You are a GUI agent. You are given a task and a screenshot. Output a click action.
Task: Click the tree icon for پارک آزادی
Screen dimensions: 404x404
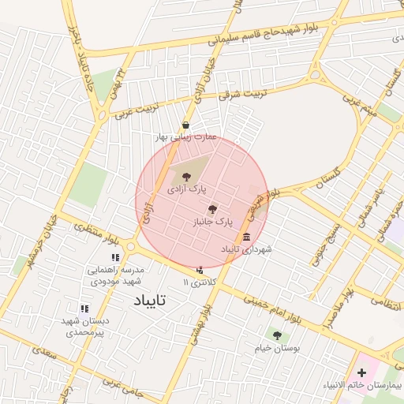(186, 178)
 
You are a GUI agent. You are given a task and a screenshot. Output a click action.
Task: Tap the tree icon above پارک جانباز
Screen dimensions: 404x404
(211, 209)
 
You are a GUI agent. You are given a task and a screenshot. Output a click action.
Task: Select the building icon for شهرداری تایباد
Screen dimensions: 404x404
(247, 238)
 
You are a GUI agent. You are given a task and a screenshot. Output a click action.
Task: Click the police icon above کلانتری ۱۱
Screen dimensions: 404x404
(199, 271)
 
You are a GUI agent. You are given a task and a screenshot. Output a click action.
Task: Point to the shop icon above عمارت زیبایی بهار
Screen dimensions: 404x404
(185, 125)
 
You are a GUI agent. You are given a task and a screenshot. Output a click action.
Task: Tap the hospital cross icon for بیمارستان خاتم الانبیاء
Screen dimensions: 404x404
(362, 372)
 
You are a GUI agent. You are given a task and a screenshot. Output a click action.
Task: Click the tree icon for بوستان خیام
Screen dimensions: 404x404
(275, 335)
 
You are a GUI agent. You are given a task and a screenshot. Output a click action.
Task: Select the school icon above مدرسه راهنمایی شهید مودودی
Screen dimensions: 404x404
(115, 257)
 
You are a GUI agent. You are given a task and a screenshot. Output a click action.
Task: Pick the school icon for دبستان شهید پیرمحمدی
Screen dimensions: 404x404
(84, 309)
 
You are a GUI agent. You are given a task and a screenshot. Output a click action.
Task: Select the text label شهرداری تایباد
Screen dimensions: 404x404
(246, 249)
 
